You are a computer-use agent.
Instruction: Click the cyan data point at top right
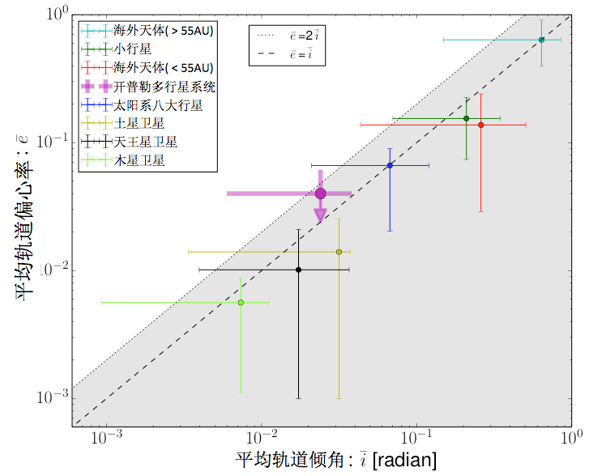tap(541, 40)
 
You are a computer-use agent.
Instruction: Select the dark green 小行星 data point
tap(466, 119)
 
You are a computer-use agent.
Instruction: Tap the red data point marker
tap(481, 125)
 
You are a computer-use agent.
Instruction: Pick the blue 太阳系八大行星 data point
tap(391, 165)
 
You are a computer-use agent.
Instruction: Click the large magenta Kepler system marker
tap(320, 193)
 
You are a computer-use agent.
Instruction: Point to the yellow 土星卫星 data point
tap(339, 252)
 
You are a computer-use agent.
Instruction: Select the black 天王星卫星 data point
tap(299, 270)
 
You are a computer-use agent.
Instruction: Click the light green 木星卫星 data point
tap(241, 302)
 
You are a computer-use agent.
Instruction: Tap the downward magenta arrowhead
tap(320, 215)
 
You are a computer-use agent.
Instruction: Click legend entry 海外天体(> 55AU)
tap(163, 31)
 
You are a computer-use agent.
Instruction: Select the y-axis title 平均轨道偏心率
tap(24, 219)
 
